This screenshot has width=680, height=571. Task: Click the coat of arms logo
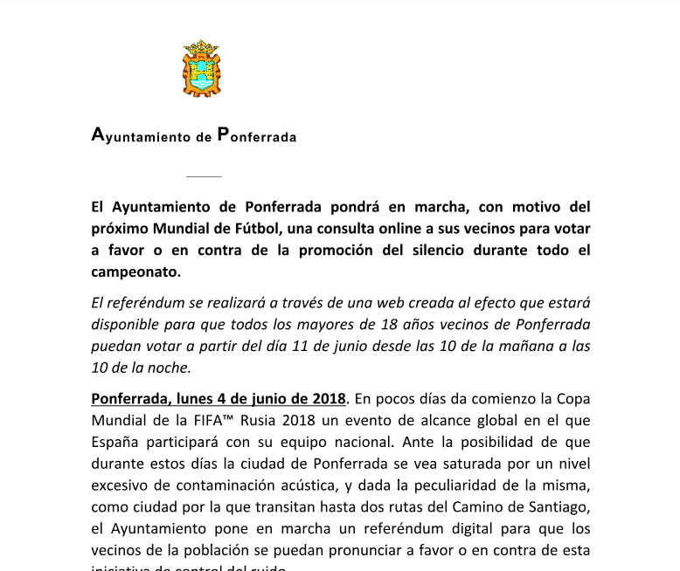coord(201,71)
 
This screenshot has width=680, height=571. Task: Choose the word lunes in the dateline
coord(198,399)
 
